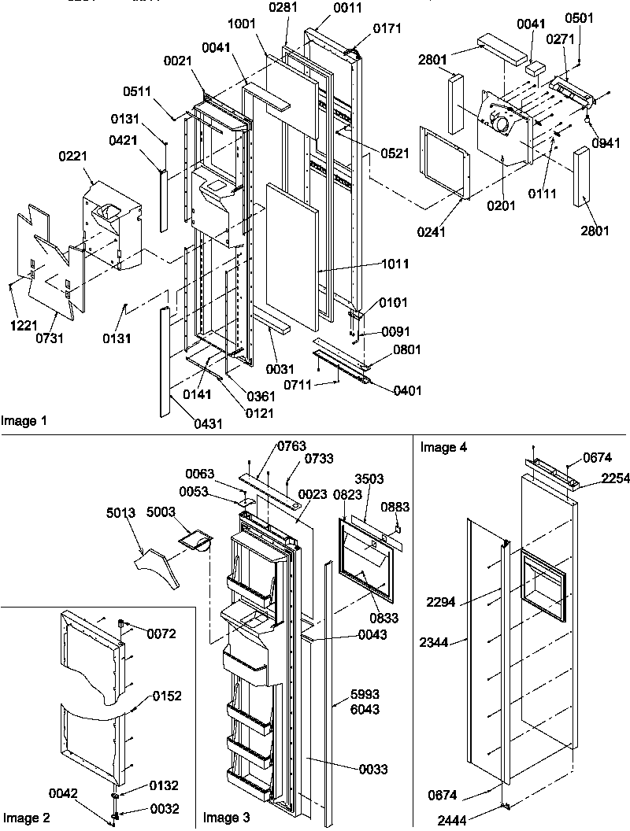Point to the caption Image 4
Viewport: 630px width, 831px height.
click(443, 448)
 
